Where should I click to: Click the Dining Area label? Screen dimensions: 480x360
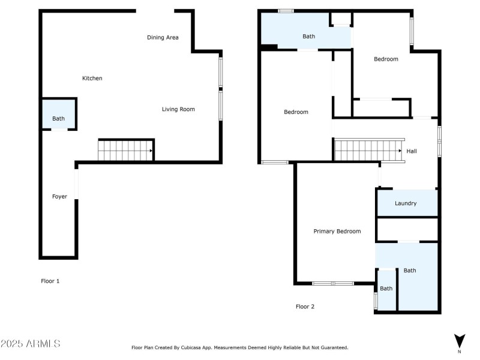[163, 37]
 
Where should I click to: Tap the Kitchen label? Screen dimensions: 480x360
[92, 78]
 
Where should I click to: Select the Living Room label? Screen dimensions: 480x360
[178, 109]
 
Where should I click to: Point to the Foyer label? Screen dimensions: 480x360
[59, 196]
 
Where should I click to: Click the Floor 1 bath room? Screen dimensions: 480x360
[58, 114]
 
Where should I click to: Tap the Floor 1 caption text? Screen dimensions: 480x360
[50, 281]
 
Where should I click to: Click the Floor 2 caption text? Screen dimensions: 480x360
[305, 307]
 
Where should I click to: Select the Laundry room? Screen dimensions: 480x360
[407, 203]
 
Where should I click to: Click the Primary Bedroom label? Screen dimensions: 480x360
[337, 231]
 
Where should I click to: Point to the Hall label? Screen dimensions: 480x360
[412, 151]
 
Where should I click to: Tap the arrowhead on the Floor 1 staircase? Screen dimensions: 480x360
[151, 151]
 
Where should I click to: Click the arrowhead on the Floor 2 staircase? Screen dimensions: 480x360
[400, 151]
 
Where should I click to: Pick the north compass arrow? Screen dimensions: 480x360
[460, 340]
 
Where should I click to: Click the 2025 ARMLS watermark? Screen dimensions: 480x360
[31, 343]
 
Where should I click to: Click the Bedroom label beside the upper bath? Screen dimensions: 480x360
[386, 59]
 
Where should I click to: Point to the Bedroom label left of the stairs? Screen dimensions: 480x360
[296, 112]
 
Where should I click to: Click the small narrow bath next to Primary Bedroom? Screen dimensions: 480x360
[386, 290]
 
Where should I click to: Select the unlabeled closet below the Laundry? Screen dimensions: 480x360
[407, 229]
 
